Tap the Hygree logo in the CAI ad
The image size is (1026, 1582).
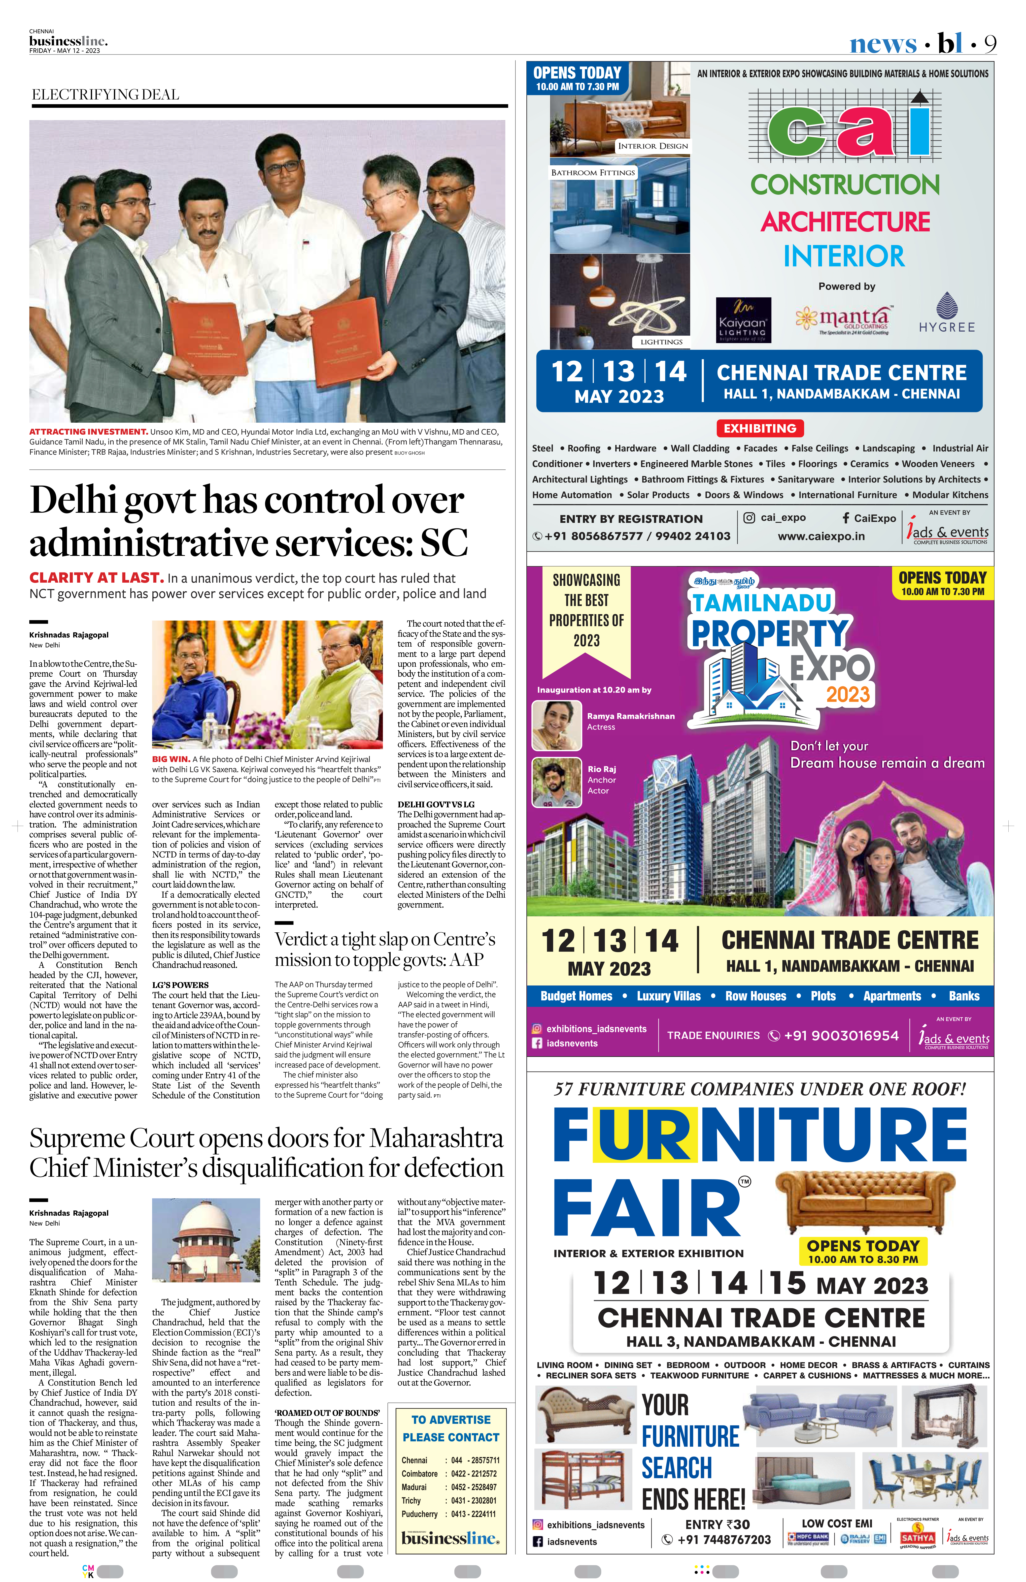point(946,313)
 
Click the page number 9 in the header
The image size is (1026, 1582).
point(990,44)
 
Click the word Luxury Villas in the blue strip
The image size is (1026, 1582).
point(668,996)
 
